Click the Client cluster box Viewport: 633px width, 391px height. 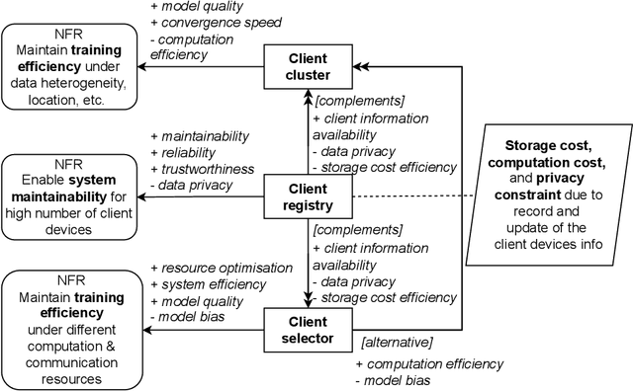click(x=307, y=65)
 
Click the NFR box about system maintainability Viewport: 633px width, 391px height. click(x=69, y=195)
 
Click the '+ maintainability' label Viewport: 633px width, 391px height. click(x=199, y=135)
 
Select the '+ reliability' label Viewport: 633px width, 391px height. click(x=185, y=152)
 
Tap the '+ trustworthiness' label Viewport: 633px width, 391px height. click(x=201, y=169)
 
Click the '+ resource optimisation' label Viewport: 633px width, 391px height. click(x=221, y=267)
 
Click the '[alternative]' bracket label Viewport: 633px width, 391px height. click(x=398, y=341)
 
